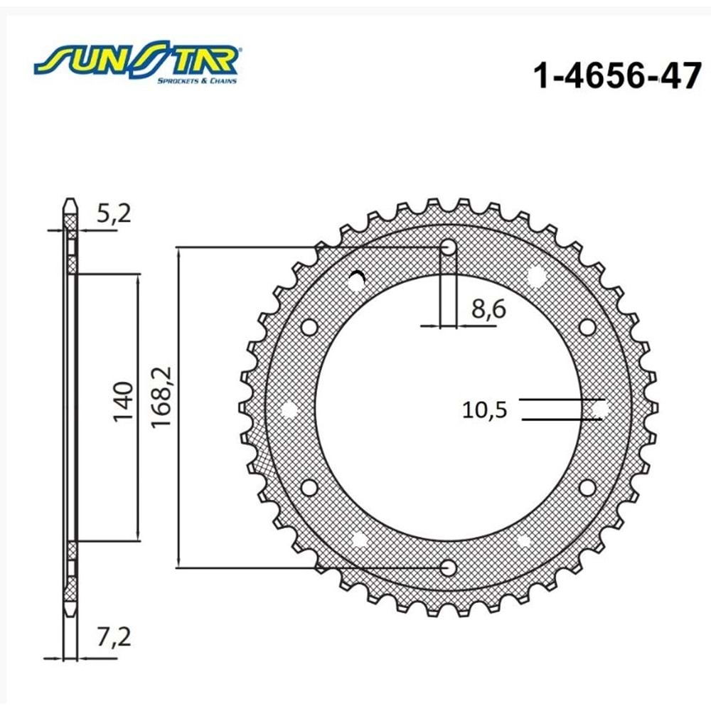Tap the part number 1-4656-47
click(x=616, y=75)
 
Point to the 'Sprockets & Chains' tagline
click(x=197, y=81)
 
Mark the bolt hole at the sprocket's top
click(x=449, y=247)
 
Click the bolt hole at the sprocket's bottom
click(x=449, y=567)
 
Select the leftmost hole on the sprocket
click(x=289, y=408)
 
